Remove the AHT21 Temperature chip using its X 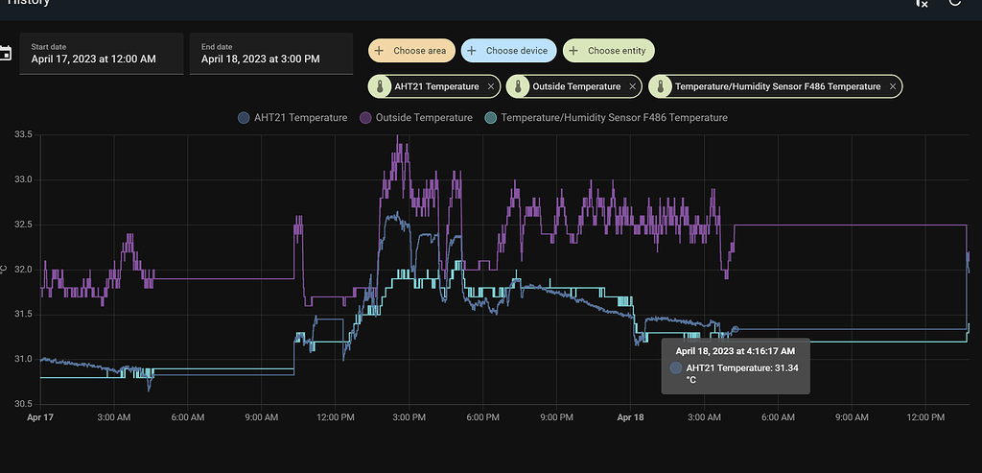491,86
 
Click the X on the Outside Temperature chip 632,86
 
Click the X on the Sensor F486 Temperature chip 893,86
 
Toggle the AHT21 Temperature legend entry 292,118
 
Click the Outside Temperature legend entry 416,118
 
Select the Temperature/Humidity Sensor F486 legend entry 606,118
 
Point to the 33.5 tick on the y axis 22,135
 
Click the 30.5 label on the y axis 22,404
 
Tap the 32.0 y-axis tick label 22,270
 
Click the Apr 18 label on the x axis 631,417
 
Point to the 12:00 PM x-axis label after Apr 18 926,417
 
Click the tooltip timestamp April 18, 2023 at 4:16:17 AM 736,351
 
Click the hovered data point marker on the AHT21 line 736,329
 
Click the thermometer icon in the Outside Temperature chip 518,86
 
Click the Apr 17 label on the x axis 40,417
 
